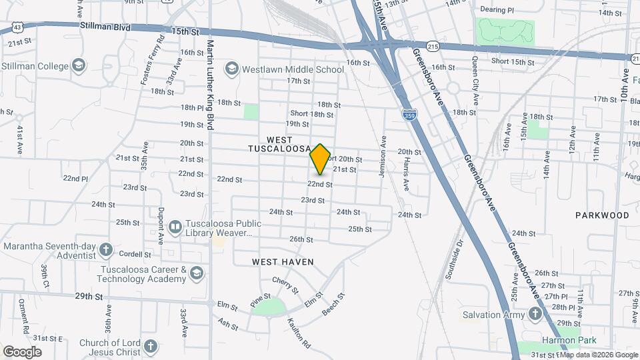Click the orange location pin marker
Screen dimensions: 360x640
coord(321,159)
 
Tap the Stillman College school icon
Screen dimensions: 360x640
coord(79,65)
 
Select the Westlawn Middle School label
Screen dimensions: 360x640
coord(293,69)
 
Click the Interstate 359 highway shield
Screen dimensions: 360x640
coord(408,115)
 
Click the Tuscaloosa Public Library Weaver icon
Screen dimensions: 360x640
coord(175,227)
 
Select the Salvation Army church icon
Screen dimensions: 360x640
coord(535,313)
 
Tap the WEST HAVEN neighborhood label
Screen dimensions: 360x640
coord(283,262)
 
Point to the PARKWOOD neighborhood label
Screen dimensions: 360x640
coord(602,215)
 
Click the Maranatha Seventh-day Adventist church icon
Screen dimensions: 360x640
coord(105,250)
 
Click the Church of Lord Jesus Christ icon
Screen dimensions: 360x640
coord(150,346)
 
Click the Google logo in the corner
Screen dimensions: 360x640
coord(22,351)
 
